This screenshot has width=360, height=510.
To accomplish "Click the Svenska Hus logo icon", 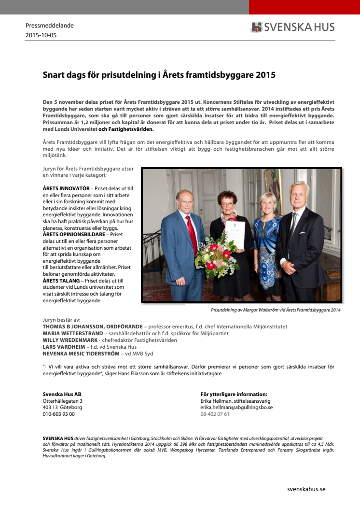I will click(256, 27).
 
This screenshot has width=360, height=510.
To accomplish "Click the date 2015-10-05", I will click(41, 35).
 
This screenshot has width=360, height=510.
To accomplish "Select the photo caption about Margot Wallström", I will click(276, 310).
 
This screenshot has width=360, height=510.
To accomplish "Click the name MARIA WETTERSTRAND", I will click(73, 333).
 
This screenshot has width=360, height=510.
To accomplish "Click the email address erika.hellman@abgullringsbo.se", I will click(236, 407).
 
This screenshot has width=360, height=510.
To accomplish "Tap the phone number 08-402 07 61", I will click(215, 414).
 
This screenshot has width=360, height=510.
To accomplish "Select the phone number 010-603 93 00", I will click(58, 414).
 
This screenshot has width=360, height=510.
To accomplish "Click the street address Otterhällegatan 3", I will click(63, 400).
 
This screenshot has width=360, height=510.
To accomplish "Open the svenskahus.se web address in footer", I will click(306, 489).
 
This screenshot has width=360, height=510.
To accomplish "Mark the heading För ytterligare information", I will click(234, 394).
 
